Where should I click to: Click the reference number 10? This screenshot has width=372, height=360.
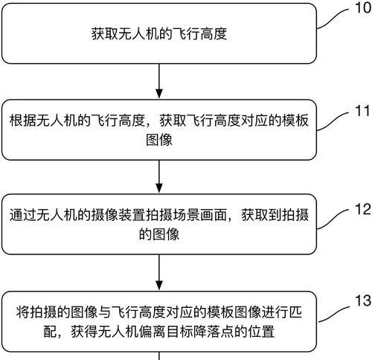coord(363,7)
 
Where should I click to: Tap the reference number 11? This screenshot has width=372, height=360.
coord(363,110)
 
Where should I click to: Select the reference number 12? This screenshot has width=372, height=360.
coord(363,209)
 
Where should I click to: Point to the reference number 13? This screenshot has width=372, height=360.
coord(363,300)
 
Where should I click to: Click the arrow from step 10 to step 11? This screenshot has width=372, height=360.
coord(159,81)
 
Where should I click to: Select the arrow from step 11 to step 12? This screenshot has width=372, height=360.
coord(159,176)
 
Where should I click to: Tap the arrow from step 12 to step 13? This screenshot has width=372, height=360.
coord(159,272)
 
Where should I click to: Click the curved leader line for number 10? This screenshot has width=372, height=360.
coord(333,17)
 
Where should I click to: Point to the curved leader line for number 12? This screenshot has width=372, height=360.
coord(333,219)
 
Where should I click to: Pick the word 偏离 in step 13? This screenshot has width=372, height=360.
coord(152,332)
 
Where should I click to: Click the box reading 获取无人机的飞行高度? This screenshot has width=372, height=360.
coord(159,33)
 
